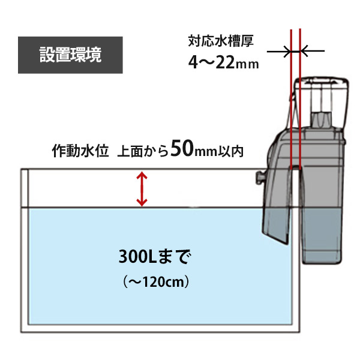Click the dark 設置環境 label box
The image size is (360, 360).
[x=70, y=55]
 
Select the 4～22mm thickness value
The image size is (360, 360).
[x=223, y=62]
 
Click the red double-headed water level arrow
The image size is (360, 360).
[x=142, y=189]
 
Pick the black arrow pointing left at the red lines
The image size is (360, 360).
[x=312, y=51]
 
